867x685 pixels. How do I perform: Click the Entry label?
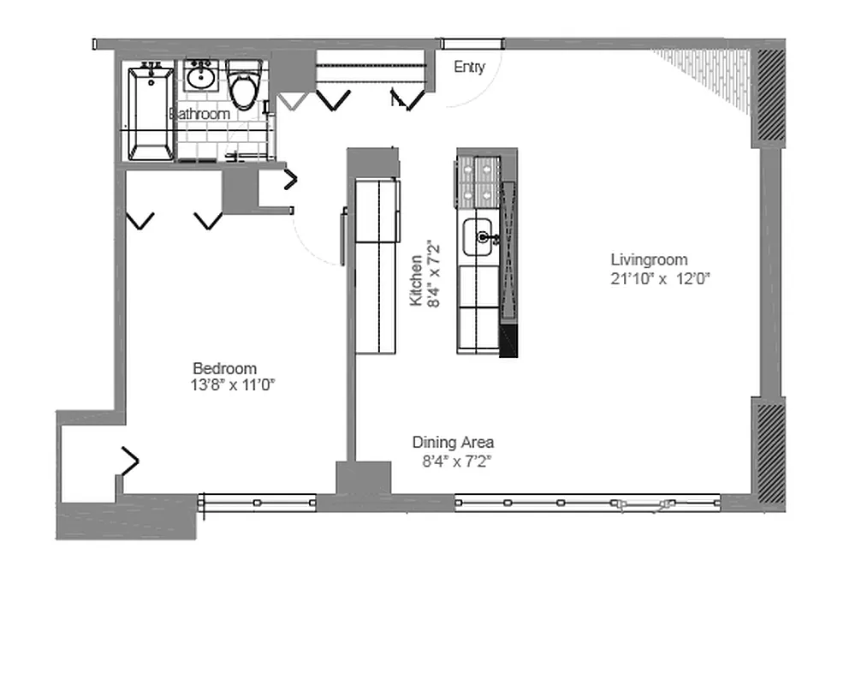click(x=469, y=67)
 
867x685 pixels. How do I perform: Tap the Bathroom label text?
click(x=200, y=114)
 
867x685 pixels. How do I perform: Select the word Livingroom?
click(x=649, y=259)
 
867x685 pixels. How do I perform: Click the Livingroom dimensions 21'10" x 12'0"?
click(x=661, y=278)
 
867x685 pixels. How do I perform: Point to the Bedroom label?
click(x=224, y=368)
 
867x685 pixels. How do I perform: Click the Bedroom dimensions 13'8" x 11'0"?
click(x=232, y=385)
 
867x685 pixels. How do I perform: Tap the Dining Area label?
click(x=453, y=443)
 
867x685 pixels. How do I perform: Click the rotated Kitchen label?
click(x=416, y=280)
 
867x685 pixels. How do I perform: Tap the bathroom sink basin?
click(x=202, y=78)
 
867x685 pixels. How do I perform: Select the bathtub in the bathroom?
click(x=151, y=112)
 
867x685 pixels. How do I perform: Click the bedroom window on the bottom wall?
click(x=258, y=503)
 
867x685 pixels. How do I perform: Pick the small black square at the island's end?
click(x=508, y=341)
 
